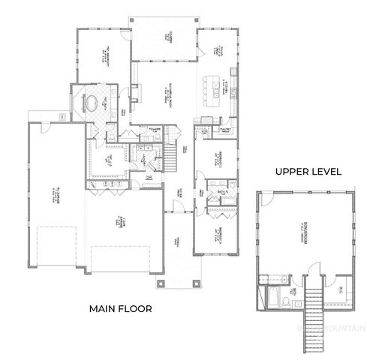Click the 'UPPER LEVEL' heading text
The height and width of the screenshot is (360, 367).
pos(308,172)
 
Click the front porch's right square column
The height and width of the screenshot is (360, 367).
pos(197,283)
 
